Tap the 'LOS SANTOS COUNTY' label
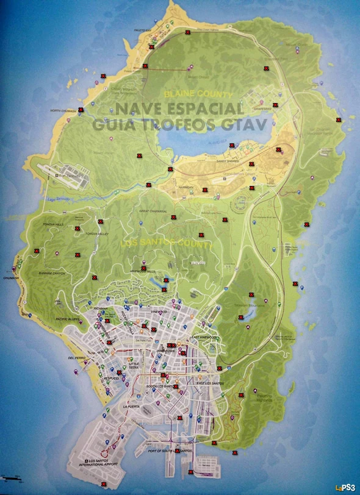166,243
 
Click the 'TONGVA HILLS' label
54,224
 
